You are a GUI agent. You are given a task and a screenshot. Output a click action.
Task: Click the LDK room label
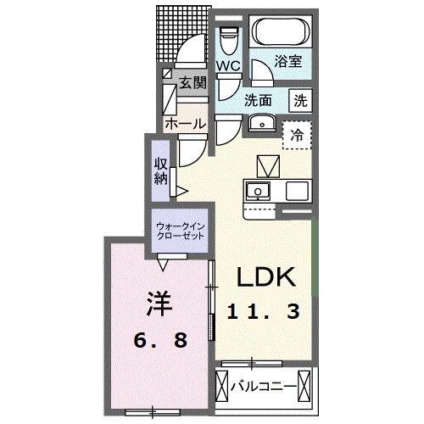point(265,279)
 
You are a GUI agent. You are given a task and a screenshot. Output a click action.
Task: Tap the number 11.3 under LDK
point(263,312)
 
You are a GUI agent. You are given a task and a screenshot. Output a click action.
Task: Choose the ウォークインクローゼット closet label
point(181,232)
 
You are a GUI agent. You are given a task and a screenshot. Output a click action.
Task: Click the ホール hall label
point(185,124)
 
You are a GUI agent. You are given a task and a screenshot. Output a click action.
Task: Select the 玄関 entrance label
point(193,83)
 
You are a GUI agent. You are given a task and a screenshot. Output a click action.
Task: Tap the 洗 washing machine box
point(301,99)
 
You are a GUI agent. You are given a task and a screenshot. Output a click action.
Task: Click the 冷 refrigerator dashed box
point(297,134)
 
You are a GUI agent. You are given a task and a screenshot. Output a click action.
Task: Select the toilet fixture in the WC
point(227,39)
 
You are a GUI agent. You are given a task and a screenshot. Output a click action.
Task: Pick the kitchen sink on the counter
point(259,188)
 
